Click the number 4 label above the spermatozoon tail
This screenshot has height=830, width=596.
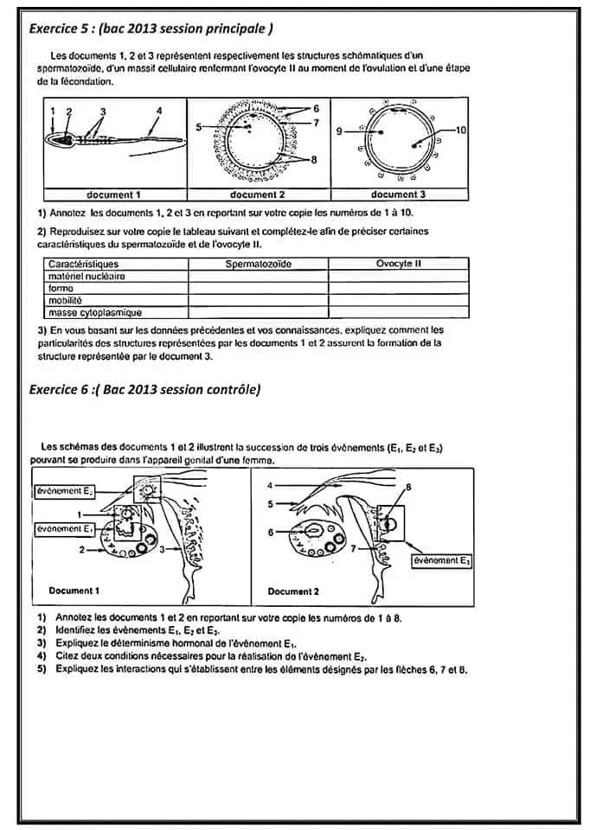click(x=159, y=111)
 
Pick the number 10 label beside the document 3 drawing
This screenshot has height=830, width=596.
click(x=460, y=130)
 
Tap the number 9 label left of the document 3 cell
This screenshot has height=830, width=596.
click(x=338, y=131)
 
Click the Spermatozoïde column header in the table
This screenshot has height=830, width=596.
click(x=258, y=263)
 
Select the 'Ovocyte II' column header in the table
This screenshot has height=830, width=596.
click(x=399, y=263)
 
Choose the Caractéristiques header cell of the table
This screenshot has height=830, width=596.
click(x=84, y=263)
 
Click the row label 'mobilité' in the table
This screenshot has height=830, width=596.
click(x=67, y=300)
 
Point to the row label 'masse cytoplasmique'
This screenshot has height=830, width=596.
click(x=95, y=313)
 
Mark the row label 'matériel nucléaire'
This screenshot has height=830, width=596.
click(x=87, y=275)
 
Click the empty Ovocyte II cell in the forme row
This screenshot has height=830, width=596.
click(x=399, y=288)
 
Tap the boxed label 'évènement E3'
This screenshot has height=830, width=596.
click(x=441, y=561)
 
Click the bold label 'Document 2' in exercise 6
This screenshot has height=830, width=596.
click(x=293, y=591)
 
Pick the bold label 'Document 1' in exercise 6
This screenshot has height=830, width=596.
click(x=74, y=591)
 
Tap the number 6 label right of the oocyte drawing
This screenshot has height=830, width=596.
click(x=317, y=108)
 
